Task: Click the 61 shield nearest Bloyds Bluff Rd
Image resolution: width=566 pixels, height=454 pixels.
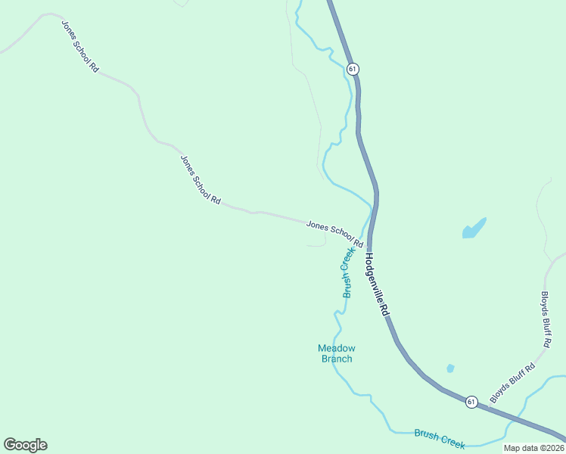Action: pos(471,402)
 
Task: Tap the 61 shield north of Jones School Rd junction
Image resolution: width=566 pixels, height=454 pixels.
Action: pos(353,69)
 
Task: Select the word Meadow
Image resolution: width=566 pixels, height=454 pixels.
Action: pos(336,348)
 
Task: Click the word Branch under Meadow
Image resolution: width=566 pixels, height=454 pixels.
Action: pos(336,359)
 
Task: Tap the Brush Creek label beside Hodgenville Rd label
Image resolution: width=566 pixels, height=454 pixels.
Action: pos(348,272)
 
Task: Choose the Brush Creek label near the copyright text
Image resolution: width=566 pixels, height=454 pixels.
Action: pos(440,439)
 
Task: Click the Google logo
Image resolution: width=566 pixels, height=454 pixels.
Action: pos(25,445)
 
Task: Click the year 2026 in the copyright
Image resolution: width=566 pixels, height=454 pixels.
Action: pos(553,448)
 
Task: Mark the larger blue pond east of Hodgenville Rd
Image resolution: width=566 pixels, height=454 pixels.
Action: pos(474,228)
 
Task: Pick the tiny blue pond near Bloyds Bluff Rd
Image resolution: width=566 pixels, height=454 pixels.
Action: pos(450,368)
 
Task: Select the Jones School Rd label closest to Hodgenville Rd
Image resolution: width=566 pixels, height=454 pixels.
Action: pos(334,235)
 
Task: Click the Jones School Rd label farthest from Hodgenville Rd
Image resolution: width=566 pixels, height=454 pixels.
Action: pos(81,45)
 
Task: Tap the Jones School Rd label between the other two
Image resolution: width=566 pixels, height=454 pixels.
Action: pos(201,180)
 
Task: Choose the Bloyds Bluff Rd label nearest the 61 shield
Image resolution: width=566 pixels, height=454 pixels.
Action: pos(512,383)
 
